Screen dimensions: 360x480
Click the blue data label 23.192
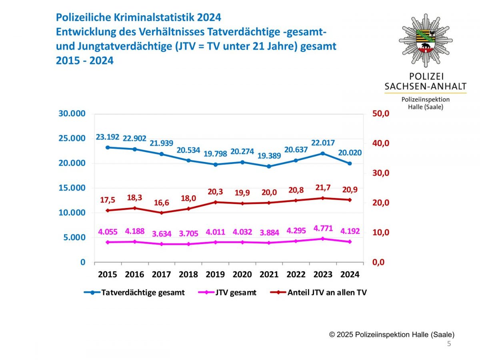tap(108, 137)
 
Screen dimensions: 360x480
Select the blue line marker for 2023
tap(323, 153)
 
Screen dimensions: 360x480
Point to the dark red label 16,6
tap(161, 202)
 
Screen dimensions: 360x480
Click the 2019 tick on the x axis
tap(215, 274)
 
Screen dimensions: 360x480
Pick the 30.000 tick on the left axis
tap(72, 114)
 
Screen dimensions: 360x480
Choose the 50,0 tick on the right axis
tap(380, 114)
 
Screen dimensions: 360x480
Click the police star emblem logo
tap(426, 40)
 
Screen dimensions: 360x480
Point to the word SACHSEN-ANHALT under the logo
tap(426, 86)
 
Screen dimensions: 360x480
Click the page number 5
tap(449, 344)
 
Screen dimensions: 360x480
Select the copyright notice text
tap(392, 335)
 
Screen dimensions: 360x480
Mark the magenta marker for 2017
tap(162, 244)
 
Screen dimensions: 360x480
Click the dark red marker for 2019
tap(215, 202)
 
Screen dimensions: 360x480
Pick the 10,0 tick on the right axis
tap(380, 232)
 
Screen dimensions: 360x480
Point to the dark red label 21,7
tap(323, 188)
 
